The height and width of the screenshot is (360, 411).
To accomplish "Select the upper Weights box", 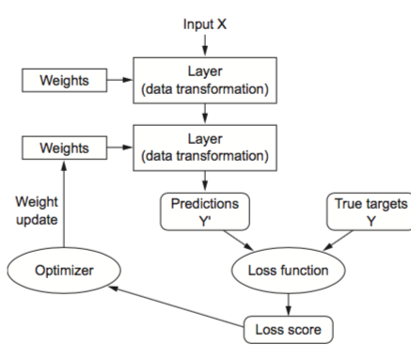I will click(62, 80).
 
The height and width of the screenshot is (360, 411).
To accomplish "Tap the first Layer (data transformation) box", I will click(205, 80).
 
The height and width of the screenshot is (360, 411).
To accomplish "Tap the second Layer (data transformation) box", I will click(205, 149).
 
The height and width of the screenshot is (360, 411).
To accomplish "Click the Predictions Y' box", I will click(205, 211).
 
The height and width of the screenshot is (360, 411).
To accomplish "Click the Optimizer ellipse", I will click(62, 272).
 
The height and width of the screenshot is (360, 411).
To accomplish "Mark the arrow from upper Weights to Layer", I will click(117, 80).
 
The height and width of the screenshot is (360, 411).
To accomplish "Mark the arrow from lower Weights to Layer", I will click(117, 149).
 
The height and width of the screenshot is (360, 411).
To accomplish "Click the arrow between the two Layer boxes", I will click(205, 114).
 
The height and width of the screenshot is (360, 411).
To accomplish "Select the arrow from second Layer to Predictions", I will click(205, 182).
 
